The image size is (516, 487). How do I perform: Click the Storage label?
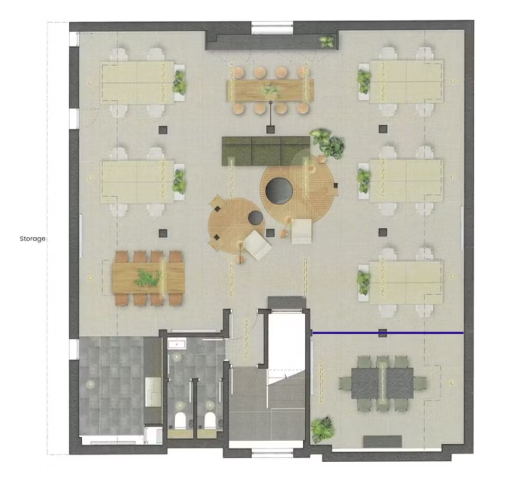tap(33, 239)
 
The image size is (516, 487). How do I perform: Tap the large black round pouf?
tap(279, 189)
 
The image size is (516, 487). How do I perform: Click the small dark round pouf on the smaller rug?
tap(256, 217)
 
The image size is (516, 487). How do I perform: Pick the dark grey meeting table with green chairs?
tap(383, 383)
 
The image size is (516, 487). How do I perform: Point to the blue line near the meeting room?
tap(387, 333)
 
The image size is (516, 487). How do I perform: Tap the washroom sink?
tap(177, 344)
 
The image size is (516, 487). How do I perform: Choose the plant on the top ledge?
tap(327, 41)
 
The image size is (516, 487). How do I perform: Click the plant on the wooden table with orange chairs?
tap(148, 277)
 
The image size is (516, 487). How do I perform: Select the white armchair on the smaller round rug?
tap(258, 245)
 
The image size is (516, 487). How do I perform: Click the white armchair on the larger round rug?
tap(301, 231)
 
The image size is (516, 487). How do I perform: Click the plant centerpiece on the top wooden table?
tap(271, 90)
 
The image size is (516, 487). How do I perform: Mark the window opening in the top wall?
tap(272, 28)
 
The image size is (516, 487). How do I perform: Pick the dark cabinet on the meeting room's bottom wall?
tap(383, 441)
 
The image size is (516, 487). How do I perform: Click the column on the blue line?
tap(383, 333)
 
